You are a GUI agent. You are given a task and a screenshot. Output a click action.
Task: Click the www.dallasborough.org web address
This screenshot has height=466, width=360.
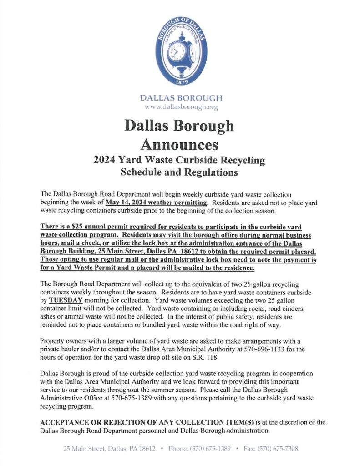(x=181, y=107)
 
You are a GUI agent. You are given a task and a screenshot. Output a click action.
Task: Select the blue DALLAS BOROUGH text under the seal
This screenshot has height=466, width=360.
(x=181, y=98)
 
